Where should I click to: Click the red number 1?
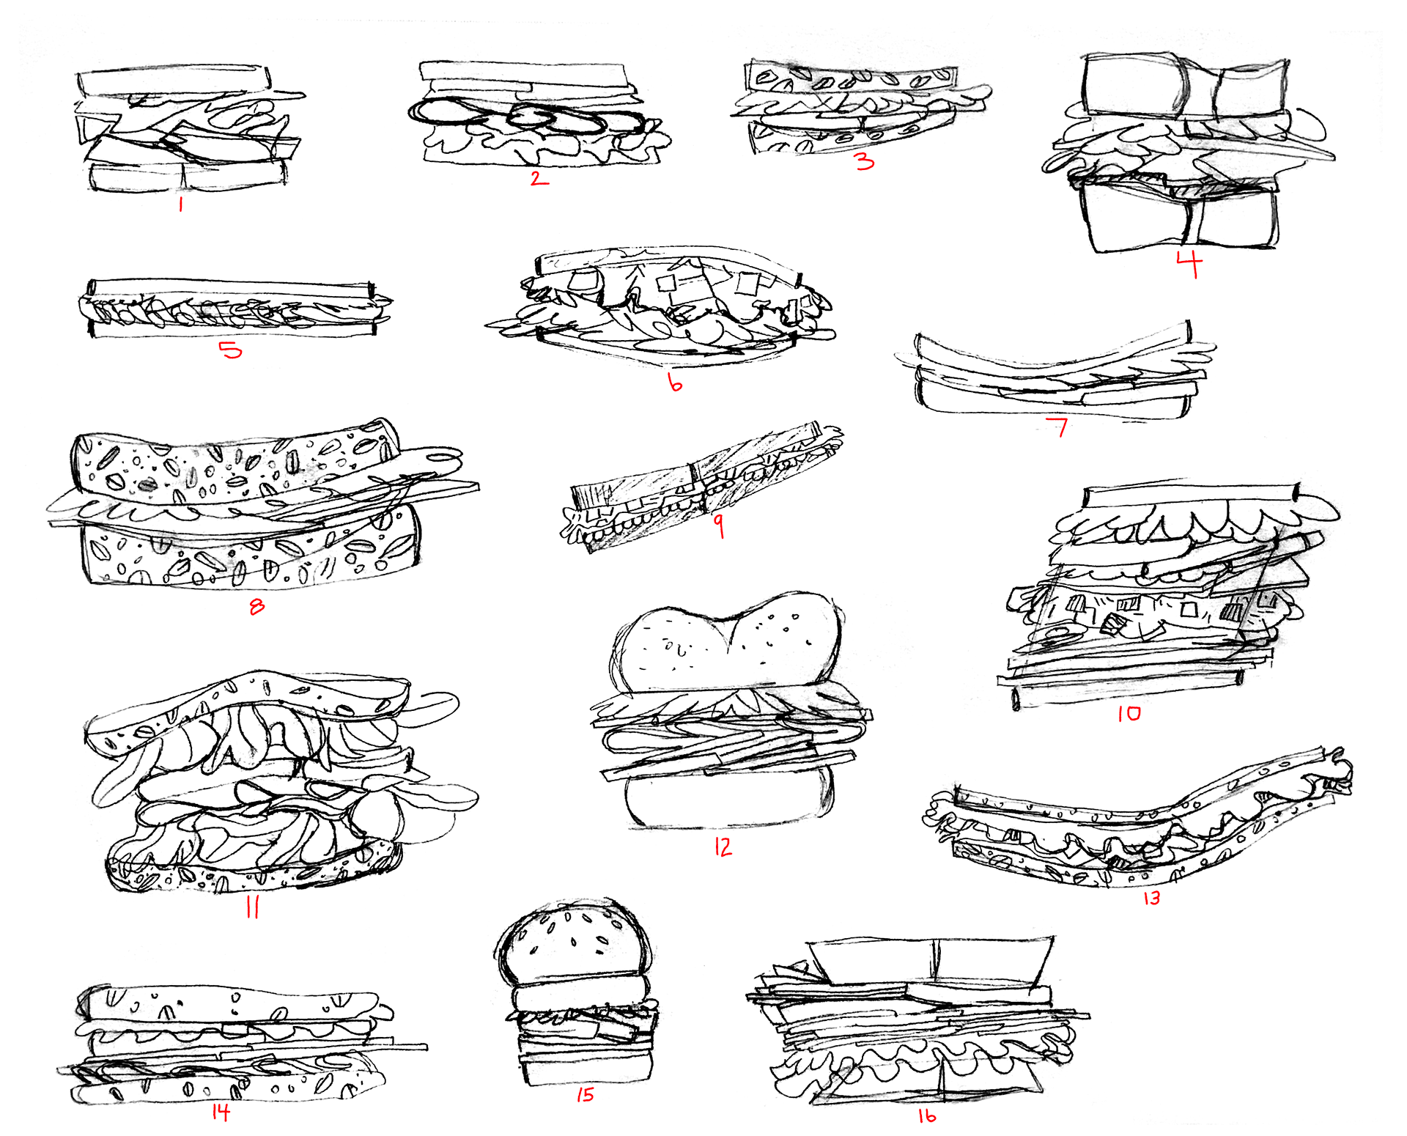tap(180, 203)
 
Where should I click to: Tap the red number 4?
tap(1189, 263)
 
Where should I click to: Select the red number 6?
tap(675, 382)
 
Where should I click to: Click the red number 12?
tap(723, 847)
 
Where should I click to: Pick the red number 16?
tap(927, 1115)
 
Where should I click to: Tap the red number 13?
tap(1151, 898)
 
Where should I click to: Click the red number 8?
tap(256, 606)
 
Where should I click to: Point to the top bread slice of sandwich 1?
tap(174, 80)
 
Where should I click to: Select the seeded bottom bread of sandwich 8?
tap(249, 557)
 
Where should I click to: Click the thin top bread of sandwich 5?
tap(231, 287)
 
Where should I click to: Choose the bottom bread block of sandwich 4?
tap(1180, 218)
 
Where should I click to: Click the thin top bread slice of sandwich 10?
tap(1191, 496)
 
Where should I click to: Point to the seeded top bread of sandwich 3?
tap(850, 77)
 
